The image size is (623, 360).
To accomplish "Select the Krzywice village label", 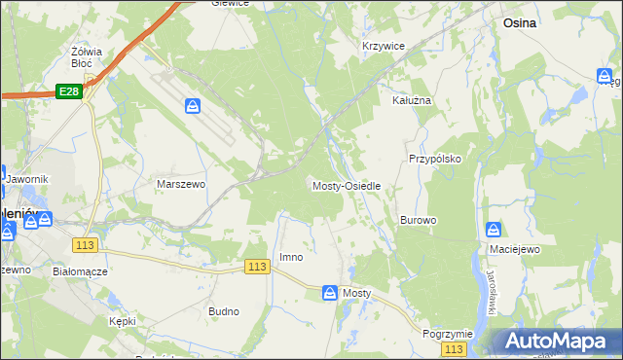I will click(x=383, y=46).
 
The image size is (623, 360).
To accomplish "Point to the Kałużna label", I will click(x=411, y=100).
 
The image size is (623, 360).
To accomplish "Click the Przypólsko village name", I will click(x=434, y=158).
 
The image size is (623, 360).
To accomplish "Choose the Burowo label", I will click(x=418, y=220).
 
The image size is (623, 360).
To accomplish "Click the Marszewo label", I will click(x=181, y=183).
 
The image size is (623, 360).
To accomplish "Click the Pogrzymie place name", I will click(x=448, y=333).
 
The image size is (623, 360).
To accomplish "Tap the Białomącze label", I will click(x=80, y=271).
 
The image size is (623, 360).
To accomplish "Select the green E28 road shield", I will click(x=67, y=90).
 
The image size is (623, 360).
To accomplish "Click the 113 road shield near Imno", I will click(x=257, y=267).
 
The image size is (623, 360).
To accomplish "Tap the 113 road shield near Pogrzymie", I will click(x=452, y=348).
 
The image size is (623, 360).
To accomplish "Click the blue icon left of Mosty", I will click(x=329, y=292).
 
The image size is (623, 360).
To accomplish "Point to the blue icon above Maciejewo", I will click(x=494, y=231).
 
